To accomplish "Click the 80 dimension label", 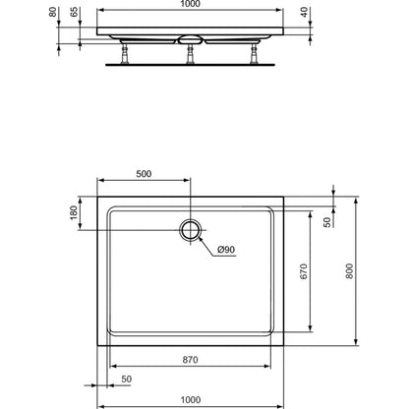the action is [x=52, y=12].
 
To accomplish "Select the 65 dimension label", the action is [x=75, y=12].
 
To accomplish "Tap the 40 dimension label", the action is [x=305, y=12].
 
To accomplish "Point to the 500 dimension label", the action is [x=144, y=174].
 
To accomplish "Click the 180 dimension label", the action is [x=74, y=212].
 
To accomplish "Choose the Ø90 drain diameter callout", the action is [x=226, y=250].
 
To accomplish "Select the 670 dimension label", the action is [x=304, y=271].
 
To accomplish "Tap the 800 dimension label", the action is [x=349, y=271].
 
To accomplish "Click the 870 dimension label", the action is [x=190, y=360].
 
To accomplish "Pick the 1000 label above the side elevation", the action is [x=190, y=4].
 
